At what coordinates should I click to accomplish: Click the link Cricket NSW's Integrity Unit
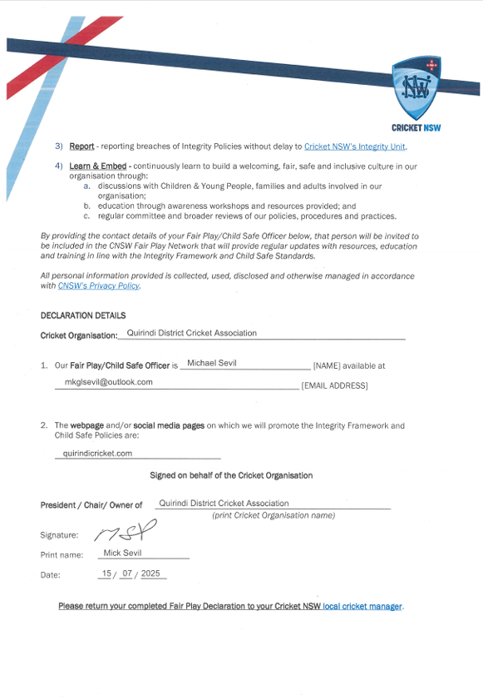tap(355, 146)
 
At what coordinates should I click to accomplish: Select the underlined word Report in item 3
tap(81, 146)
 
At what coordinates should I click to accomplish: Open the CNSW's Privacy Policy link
tap(99, 285)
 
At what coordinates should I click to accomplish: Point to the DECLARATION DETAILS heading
tap(83, 315)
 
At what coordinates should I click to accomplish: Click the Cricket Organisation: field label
tap(79, 335)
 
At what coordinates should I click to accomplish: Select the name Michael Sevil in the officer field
tap(213, 363)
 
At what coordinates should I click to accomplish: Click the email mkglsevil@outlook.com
tap(109, 382)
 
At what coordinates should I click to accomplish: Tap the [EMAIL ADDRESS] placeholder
tap(334, 385)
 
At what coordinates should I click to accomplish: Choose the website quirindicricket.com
tap(98, 454)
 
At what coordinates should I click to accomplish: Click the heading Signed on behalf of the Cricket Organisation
tap(231, 475)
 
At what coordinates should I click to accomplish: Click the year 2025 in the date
tap(150, 573)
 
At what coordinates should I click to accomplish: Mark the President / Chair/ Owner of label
tap(91, 505)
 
